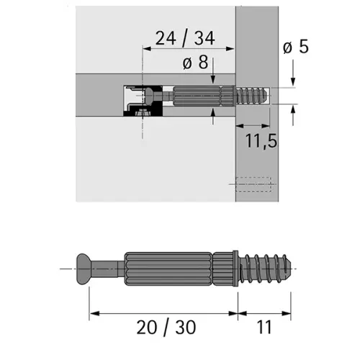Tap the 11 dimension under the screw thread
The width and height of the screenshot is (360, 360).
click(x=264, y=328)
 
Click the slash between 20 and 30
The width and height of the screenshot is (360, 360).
click(x=166, y=328)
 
